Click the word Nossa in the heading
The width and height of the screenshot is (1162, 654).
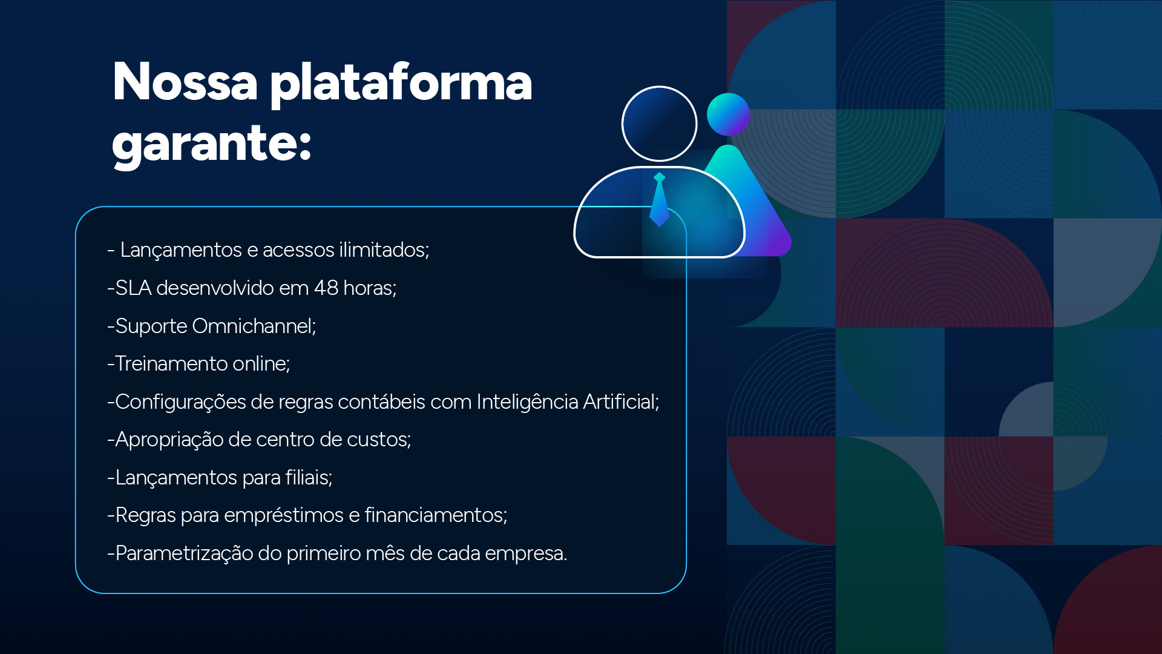coord(185,82)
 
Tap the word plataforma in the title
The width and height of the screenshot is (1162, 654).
coord(401,83)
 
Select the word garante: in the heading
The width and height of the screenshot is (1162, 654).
coord(211,144)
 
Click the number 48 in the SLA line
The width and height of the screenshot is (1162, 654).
coord(326,288)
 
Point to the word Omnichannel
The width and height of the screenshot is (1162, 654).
coord(254,326)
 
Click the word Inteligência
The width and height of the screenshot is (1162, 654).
coord(527,401)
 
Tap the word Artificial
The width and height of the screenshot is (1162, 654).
coord(620,401)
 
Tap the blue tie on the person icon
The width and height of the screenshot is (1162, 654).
coord(659,200)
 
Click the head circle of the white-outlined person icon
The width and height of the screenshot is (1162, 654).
coord(659,124)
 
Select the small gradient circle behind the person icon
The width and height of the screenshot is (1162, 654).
coord(729,114)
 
